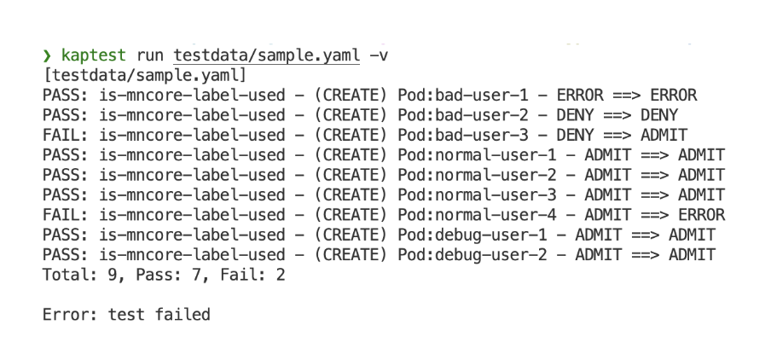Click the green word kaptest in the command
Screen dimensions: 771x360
[x=94, y=55]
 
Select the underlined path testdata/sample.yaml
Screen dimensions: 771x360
[x=266, y=55]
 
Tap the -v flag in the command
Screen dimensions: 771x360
[x=379, y=55]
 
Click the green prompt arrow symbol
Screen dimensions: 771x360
[x=47, y=55]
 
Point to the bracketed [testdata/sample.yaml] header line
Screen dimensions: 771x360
[x=145, y=76]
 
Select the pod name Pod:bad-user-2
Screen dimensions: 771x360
[x=463, y=115]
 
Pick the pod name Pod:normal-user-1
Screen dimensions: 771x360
[x=477, y=155]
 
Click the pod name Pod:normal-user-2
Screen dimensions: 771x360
[x=477, y=175]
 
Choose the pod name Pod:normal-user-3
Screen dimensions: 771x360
[x=477, y=195]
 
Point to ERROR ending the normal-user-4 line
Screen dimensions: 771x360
[x=702, y=215]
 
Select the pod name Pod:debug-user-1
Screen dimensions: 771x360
[x=472, y=235]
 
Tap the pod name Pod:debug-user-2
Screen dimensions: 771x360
[x=472, y=255]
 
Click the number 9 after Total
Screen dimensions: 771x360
[x=113, y=275]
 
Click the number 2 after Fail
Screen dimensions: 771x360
[x=281, y=275]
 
